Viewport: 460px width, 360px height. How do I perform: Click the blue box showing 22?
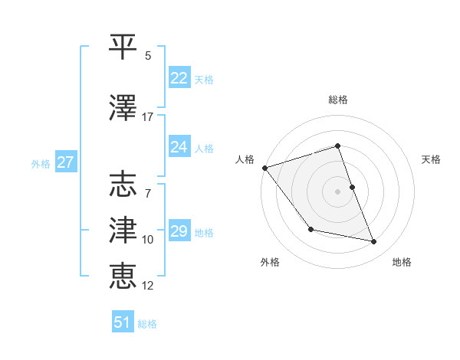pyautogui.click(x=179, y=78)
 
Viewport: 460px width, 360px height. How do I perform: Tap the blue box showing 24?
pyautogui.click(x=179, y=147)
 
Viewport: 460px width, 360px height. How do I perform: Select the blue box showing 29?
pyautogui.click(x=179, y=231)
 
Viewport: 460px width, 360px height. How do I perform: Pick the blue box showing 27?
pyautogui.click(x=66, y=162)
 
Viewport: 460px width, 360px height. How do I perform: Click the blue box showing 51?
pyautogui.click(x=123, y=322)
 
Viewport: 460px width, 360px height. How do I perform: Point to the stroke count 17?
pyautogui.click(x=148, y=117)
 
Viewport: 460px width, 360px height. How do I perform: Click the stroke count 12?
pyautogui.click(x=148, y=286)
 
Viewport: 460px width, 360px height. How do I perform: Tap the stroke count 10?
pyautogui.click(x=148, y=240)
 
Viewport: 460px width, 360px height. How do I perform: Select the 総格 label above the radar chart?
pyautogui.click(x=338, y=100)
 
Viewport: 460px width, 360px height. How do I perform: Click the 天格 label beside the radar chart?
pyautogui.click(x=432, y=159)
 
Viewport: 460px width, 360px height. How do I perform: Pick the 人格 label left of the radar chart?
pyautogui.click(x=245, y=159)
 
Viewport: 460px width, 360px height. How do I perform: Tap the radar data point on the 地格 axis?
pyautogui.click(x=374, y=242)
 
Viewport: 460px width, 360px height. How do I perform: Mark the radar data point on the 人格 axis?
pyautogui.click(x=264, y=168)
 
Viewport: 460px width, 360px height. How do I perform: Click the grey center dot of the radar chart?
pyautogui.click(x=338, y=191)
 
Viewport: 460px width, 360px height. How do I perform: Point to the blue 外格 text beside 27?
pyautogui.click(x=41, y=163)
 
